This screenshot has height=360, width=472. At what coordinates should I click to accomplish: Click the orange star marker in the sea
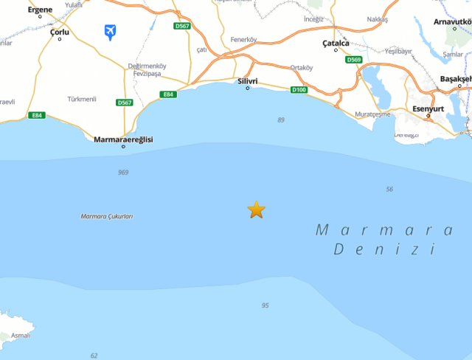tap(256, 210)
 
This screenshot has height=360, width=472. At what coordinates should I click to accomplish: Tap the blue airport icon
tap(111, 32)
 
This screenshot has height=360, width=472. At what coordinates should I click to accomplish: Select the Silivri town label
tap(247, 80)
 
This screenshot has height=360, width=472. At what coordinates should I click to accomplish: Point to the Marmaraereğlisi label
tap(123, 139)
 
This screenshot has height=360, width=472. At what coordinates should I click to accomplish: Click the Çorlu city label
tap(60, 32)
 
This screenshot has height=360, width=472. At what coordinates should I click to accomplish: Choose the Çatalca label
tap(336, 44)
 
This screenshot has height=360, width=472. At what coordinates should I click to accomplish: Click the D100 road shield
tap(298, 90)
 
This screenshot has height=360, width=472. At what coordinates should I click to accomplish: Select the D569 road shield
tap(354, 60)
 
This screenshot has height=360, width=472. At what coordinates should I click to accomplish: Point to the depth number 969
tap(123, 173)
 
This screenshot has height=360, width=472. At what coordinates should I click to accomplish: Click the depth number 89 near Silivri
tap(281, 120)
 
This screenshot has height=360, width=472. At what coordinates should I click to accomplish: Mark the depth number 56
tap(389, 190)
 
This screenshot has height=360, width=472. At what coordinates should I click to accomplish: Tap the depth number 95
tap(265, 305)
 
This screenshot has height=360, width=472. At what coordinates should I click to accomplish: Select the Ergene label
tap(40, 10)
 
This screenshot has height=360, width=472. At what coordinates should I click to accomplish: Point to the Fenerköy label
tap(243, 39)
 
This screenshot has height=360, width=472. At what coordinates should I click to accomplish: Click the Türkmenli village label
tap(81, 99)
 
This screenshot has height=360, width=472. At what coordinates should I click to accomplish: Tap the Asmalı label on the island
tap(21, 336)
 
